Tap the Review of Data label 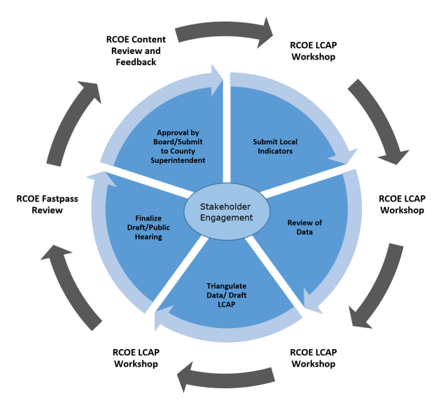[x=304, y=227]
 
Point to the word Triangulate [x=226, y=285]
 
